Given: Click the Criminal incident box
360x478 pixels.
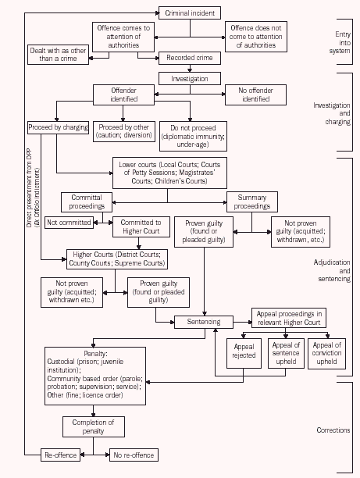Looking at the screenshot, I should coord(190,13).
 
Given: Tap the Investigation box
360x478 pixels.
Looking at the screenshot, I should coord(190,78).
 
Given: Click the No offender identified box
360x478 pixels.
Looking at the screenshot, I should coord(255,95).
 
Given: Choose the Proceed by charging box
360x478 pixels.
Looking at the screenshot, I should coord(57,127).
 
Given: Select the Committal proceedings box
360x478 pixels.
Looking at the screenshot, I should coord(87,202).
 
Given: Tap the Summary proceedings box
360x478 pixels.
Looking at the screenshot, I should coord(252,202).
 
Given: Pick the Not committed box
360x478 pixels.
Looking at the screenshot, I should coord(69,223).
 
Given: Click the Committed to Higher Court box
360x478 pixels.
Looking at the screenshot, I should coord(141,227).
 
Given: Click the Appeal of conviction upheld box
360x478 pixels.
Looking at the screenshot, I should coord(326,353).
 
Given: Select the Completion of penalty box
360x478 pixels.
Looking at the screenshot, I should coord(93,426).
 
